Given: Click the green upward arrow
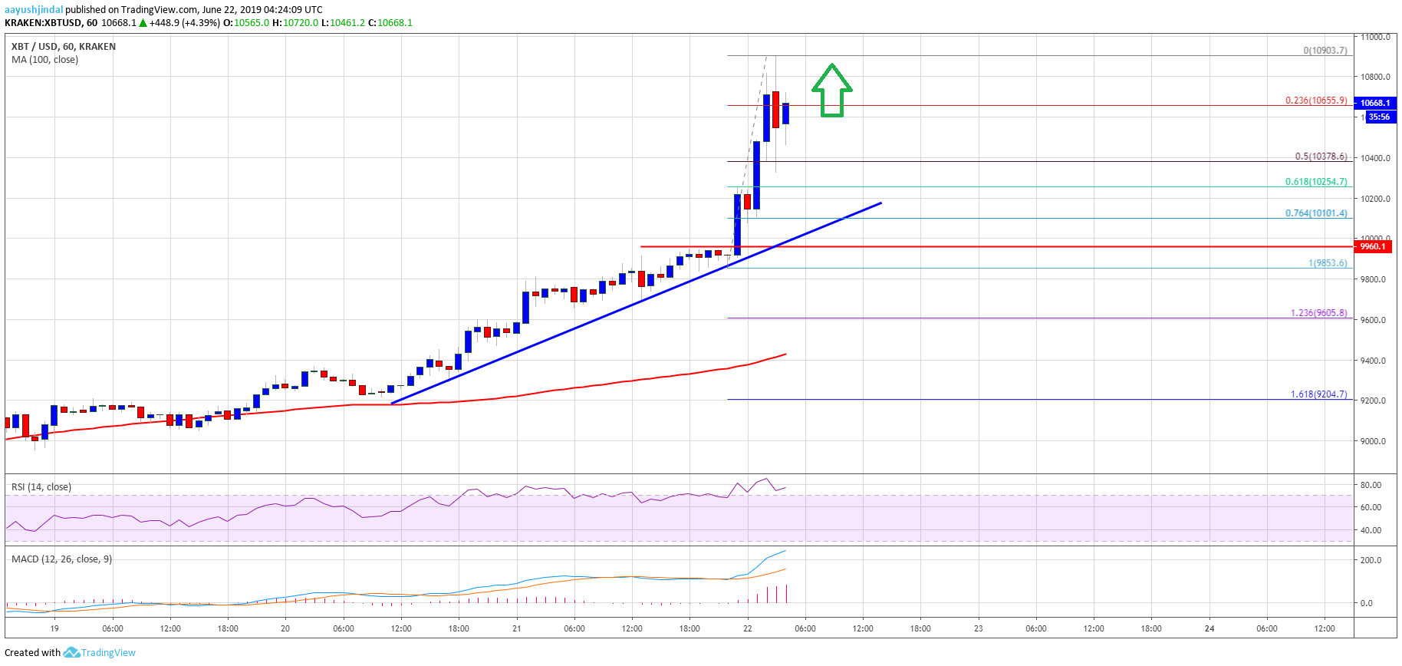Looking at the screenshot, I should click(x=832, y=91).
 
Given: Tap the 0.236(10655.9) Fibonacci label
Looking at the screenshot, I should click(x=1316, y=101).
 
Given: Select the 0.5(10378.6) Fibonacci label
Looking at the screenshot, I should click(x=1321, y=157).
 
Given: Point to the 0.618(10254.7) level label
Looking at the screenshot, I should click(x=1316, y=182).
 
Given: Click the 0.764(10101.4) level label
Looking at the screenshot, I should click(x=1316, y=213).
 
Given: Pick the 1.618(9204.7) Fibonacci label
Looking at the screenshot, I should click(x=1318, y=394).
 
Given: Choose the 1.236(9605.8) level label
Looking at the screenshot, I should click(x=1318, y=313).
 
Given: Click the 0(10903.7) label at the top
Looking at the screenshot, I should click(x=1325, y=51).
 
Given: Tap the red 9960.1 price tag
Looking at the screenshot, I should click(x=1373, y=246).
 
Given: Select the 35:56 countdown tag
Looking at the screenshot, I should click(x=1379, y=117).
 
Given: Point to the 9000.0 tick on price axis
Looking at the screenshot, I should click(x=1373, y=441).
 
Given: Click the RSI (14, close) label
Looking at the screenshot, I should click(x=41, y=487).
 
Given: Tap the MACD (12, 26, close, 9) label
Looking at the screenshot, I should click(x=61, y=559).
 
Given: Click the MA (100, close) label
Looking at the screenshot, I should click(x=44, y=60).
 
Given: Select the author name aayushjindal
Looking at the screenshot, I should click(x=34, y=10).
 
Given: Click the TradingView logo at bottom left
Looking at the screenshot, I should click(x=100, y=653).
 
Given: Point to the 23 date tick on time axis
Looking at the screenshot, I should click(x=979, y=628).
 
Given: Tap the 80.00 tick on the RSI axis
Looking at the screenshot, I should click(x=1371, y=485).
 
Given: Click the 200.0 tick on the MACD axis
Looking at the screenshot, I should click(x=1371, y=560).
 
